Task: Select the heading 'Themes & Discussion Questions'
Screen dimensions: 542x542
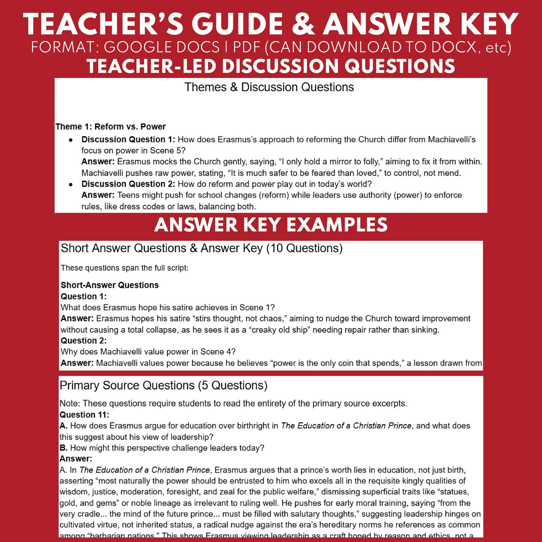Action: tap(269, 87)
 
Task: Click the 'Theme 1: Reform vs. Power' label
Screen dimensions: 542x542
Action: tap(110, 127)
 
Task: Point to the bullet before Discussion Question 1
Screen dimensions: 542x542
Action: tap(71, 140)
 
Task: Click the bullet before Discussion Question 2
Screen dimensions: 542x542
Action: tap(71, 185)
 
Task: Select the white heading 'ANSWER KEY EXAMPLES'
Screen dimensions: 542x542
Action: tap(271, 225)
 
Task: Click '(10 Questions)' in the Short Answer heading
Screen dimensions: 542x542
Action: tap(304, 248)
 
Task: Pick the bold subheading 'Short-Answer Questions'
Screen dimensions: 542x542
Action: tap(110, 285)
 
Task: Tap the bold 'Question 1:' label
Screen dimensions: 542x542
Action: tap(84, 296)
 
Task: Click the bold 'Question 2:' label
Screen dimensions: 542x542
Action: tap(84, 341)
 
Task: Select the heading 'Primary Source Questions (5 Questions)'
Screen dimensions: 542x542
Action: tap(163, 386)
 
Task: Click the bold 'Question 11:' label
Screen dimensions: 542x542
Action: tap(84, 414)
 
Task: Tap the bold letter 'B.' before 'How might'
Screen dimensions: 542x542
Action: tap(63, 448)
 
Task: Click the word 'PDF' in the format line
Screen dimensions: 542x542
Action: tap(247, 48)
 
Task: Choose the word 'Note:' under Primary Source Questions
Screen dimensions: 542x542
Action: tap(70, 404)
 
